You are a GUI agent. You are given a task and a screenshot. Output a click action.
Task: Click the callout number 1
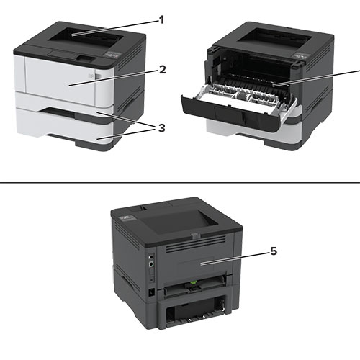point(162,20)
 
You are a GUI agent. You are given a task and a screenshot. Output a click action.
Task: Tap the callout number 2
point(163,70)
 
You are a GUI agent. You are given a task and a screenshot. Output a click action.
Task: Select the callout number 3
point(162,128)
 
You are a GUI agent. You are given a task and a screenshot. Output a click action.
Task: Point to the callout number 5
point(274,251)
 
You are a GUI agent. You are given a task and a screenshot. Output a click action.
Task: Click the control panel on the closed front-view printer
point(112,55)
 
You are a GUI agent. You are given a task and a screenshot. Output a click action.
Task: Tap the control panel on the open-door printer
point(301,55)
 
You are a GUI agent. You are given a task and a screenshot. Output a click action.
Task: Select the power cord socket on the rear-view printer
point(151,293)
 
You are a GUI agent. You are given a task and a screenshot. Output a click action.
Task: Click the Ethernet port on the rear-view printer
point(151,264)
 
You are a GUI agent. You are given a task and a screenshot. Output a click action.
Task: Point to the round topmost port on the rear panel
point(150,256)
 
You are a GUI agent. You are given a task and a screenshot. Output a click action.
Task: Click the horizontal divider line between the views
point(180,182)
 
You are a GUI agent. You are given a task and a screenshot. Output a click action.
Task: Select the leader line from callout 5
point(235,258)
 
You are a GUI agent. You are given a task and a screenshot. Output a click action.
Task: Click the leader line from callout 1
point(115,28)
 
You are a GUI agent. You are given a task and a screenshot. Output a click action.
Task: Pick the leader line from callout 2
point(114,78)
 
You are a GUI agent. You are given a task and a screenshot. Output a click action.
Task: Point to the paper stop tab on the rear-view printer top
point(195,236)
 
